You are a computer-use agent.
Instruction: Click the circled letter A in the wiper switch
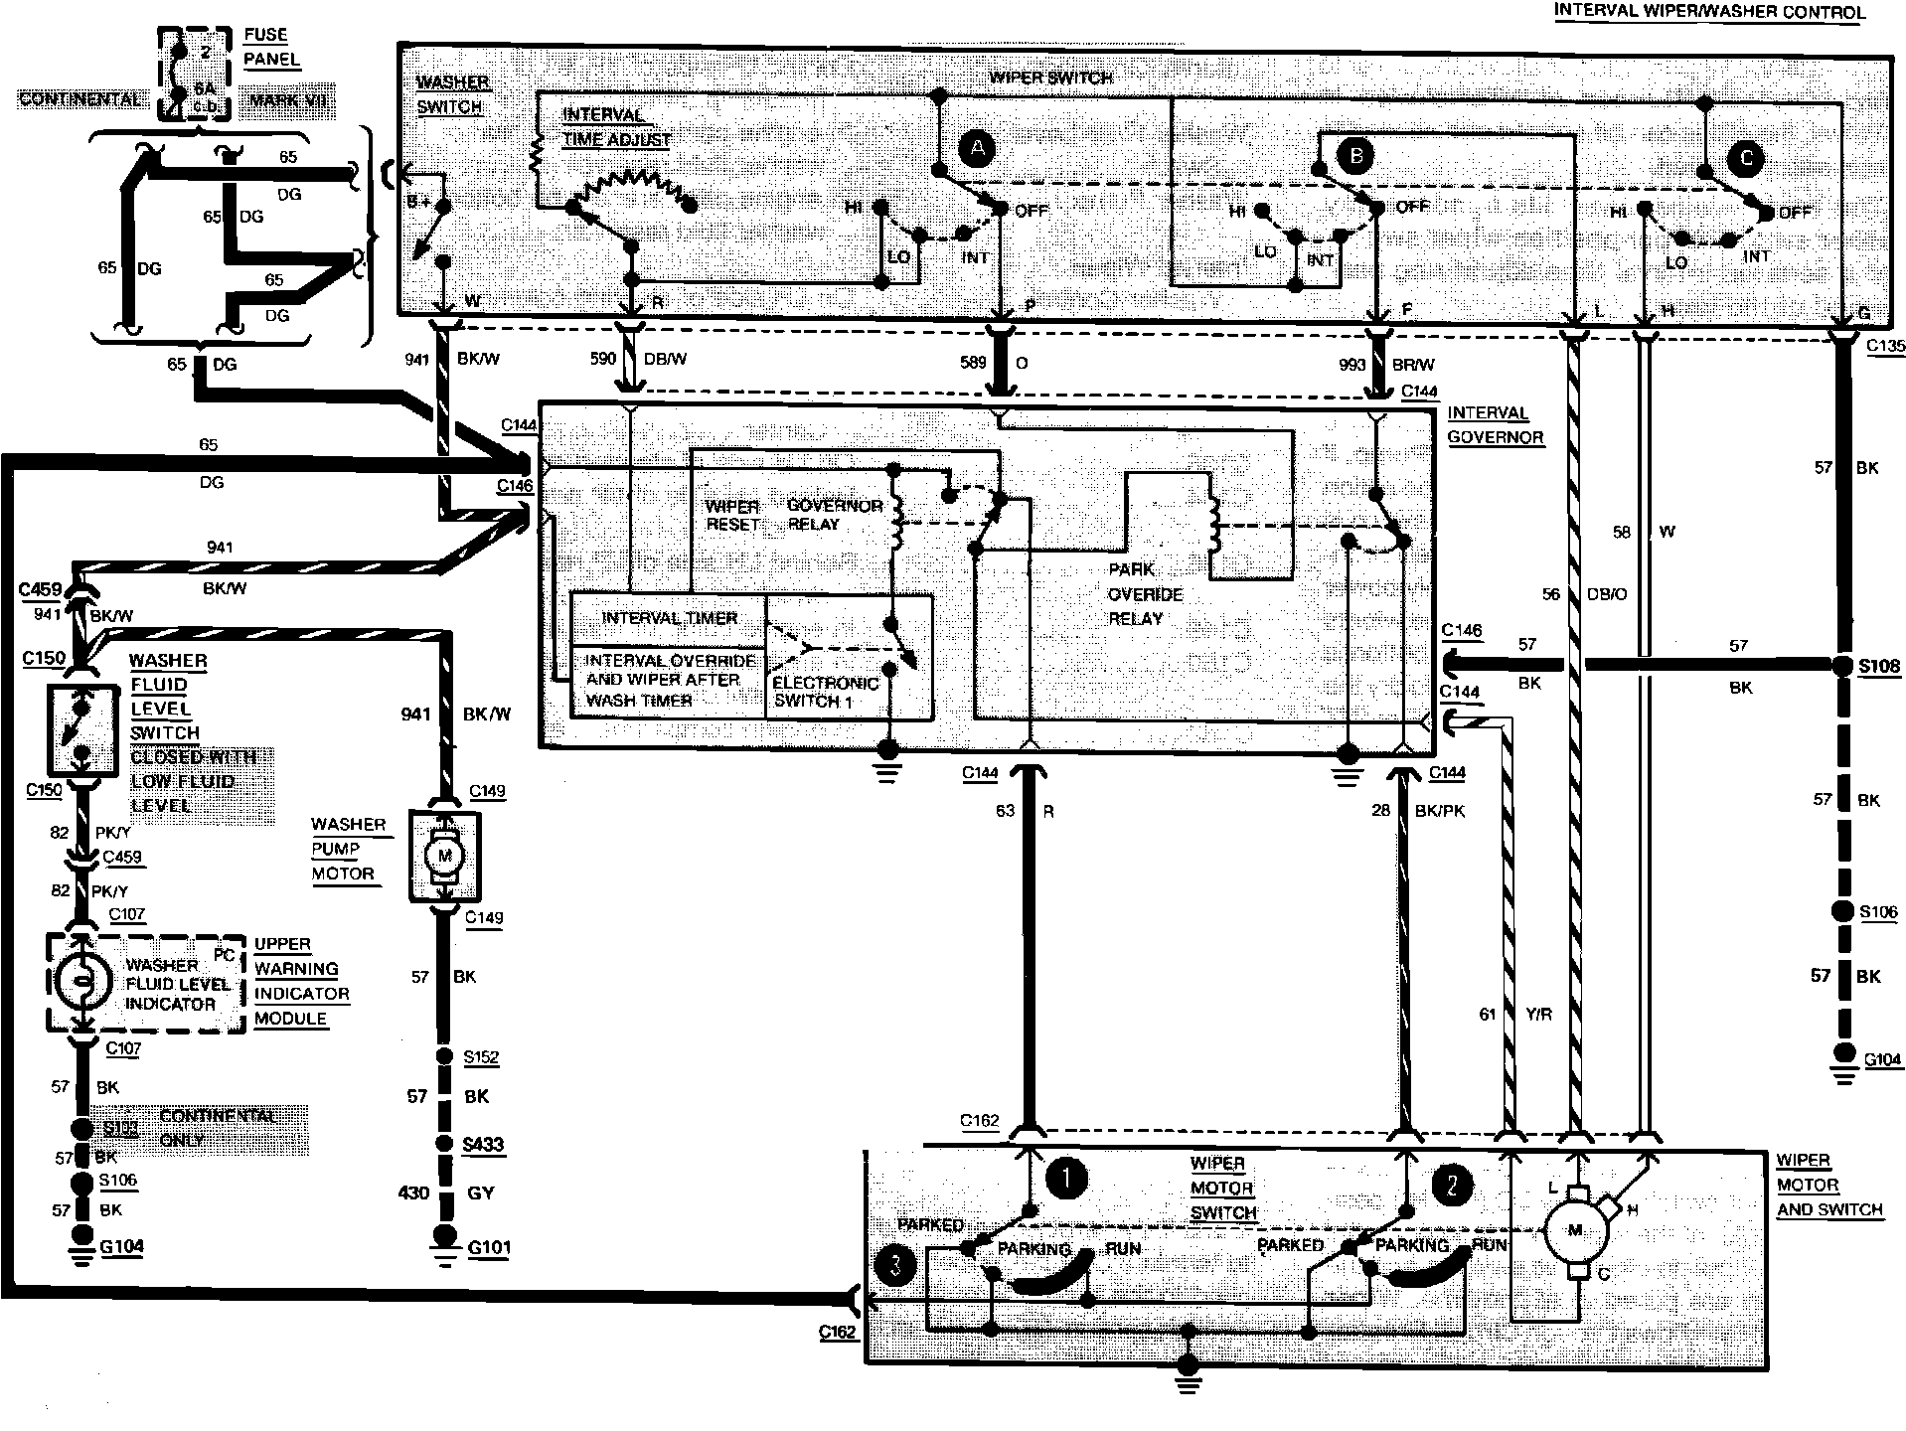[x=978, y=149]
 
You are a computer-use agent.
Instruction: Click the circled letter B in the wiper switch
[x=1355, y=155]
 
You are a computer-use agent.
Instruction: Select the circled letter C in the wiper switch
[x=1746, y=158]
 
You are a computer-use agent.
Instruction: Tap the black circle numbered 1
[x=1065, y=1180]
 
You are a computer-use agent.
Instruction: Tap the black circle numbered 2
[x=1453, y=1184]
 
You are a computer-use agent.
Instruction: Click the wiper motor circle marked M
[x=1574, y=1230]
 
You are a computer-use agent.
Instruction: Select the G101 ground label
[x=489, y=1248]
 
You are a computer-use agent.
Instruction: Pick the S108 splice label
[x=1879, y=666]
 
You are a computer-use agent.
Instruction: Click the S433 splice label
[x=483, y=1144]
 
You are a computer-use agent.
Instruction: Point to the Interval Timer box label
[x=669, y=618]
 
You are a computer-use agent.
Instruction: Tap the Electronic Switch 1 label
[x=825, y=692]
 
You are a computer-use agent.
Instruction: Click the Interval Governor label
[x=1495, y=424]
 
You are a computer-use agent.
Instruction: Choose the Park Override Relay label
[x=1145, y=594]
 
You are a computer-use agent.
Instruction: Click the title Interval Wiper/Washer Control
[x=1709, y=12]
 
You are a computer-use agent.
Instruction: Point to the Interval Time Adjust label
[x=616, y=127]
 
